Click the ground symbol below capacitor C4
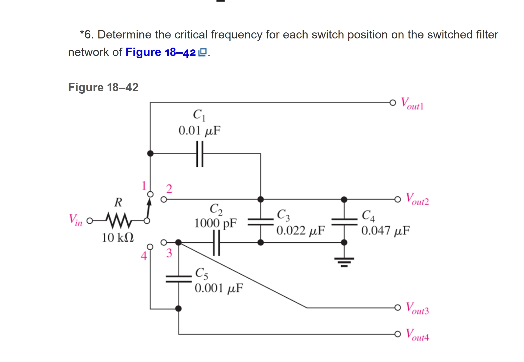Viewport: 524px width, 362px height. click(x=344, y=262)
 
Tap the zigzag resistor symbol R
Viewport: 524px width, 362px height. click(x=118, y=220)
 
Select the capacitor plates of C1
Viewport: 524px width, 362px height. click(x=200, y=154)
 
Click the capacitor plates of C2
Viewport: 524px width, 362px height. click(x=216, y=243)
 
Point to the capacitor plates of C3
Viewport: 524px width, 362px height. click(x=261, y=222)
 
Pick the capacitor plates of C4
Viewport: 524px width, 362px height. click(x=344, y=222)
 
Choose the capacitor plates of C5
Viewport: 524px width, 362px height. click(x=179, y=279)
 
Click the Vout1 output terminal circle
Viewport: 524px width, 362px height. click(x=392, y=103)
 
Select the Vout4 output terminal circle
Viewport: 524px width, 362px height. click(x=397, y=334)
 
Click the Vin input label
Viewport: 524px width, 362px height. click(x=75, y=220)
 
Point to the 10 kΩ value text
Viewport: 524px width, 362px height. click(x=118, y=237)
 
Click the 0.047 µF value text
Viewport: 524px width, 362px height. click(x=385, y=231)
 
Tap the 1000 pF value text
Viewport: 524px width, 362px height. click(x=215, y=223)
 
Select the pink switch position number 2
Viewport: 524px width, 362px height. click(x=169, y=189)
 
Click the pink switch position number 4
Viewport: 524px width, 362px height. click(x=144, y=256)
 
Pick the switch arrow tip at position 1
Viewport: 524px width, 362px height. click(x=149, y=201)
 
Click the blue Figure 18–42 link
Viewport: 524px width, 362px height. click(x=161, y=52)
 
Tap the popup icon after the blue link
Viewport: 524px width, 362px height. click(x=202, y=52)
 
